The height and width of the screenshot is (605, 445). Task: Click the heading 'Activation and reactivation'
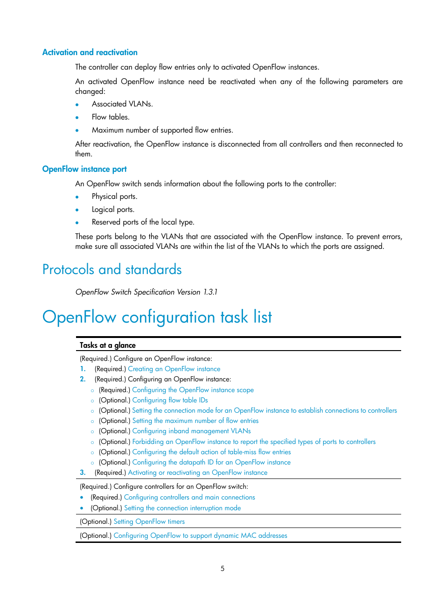click(90, 52)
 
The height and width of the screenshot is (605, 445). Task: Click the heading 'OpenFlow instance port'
click(84, 169)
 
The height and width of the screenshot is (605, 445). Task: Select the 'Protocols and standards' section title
click(112, 269)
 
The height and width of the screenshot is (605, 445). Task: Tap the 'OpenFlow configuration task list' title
click(157, 317)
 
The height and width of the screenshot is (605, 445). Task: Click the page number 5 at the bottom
click(222, 568)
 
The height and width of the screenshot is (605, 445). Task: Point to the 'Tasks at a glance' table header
click(108, 345)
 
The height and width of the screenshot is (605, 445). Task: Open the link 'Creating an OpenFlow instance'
click(174, 369)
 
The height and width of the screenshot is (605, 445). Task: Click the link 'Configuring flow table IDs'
click(170, 400)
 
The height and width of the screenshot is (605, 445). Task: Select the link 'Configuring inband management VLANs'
click(191, 431)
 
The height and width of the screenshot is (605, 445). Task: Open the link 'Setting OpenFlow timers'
click(149, 521)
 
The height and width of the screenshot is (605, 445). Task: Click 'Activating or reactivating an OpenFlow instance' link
click(197, 472)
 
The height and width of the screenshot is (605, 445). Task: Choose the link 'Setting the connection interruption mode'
click(182, 508)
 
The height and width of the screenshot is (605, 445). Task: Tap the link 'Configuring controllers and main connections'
click(189, 497)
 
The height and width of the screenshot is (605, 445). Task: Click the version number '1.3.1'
click(210, 292)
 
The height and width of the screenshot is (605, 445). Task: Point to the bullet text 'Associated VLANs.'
click(122, 104)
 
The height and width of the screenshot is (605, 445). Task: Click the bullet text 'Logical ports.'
click(113, 209)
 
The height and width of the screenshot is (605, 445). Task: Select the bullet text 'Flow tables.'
click(111, 117)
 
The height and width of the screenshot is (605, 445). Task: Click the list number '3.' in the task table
click(83, 472)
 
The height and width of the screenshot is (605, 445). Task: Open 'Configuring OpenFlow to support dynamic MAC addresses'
click(200, 535)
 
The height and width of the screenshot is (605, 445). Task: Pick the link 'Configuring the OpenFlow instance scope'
click(193, 390)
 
